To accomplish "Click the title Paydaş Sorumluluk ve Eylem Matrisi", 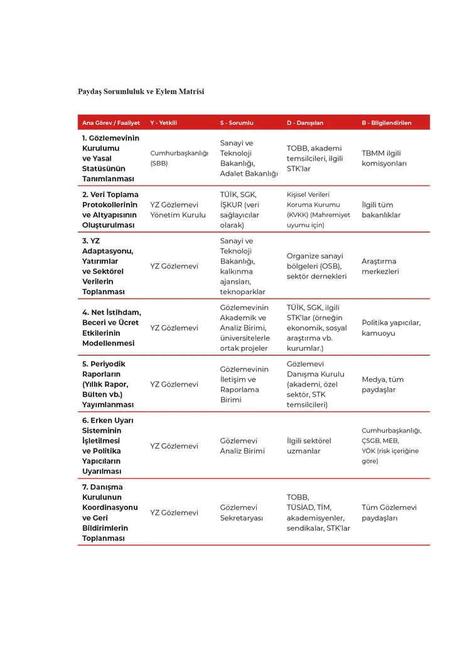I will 141,92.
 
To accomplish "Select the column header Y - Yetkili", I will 163,123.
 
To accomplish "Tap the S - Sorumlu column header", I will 237,123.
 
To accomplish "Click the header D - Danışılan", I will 305,123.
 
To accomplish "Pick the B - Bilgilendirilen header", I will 386,123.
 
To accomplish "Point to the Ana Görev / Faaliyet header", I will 110,123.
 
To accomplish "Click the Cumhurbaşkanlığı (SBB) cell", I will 179,158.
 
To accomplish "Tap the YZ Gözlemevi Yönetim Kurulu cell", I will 178,210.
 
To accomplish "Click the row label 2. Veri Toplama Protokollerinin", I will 110,210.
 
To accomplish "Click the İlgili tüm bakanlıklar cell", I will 381,210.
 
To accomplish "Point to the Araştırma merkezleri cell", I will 380,266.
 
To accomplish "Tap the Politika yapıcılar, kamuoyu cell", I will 391,327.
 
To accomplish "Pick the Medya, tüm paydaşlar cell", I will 382,384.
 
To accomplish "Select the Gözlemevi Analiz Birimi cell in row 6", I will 242,445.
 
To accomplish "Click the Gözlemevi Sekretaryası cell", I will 241,513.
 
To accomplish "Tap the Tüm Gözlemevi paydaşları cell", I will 389,513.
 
